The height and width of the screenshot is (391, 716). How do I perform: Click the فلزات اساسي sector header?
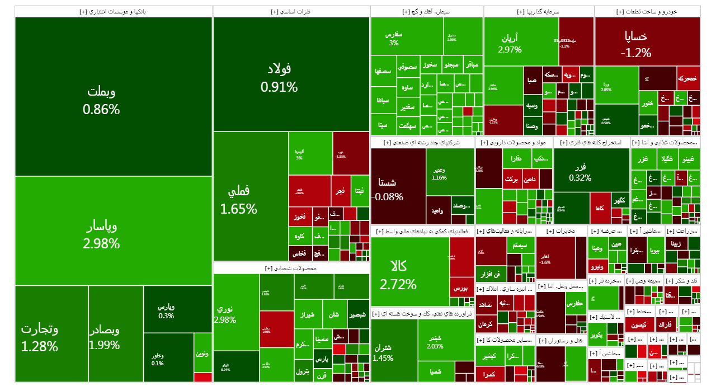pos(291,12)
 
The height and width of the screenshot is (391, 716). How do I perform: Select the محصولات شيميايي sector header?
pos(291,268)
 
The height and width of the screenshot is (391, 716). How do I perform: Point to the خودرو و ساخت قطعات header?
pos(647,12)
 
